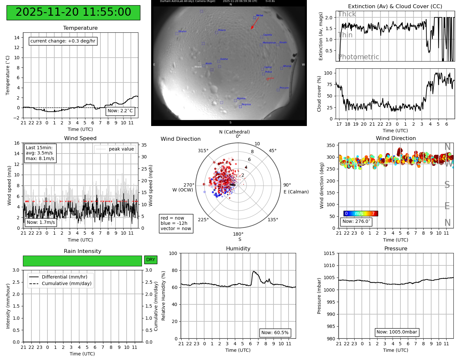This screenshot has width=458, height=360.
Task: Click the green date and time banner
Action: click(x=73, y=12)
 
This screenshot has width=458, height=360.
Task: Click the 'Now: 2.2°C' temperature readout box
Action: click(x=120, y=111)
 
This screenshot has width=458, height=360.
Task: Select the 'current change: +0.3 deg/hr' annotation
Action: click(x=63, y=41)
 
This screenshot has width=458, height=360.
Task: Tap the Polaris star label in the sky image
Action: click(x=222, y=30)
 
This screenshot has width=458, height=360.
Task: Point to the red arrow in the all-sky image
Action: click(x=255, y=23)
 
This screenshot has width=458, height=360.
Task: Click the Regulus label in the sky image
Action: click(x=246, y=104)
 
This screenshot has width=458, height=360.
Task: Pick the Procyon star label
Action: click(x=284, y=88)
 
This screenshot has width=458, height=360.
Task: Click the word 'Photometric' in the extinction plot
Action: click(x=359, y=57)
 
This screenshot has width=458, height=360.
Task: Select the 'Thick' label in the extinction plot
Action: click(x=347, y=14)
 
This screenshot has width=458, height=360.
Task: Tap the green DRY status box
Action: click(x=150, y=260)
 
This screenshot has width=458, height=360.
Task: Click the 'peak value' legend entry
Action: click(x=121, y=149)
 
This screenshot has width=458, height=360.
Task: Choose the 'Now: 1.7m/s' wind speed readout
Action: click(x=41, y=222)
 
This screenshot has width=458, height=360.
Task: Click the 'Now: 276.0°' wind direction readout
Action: click(x=356, y=221)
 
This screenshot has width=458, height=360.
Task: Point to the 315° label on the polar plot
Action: click(x=203, y=151)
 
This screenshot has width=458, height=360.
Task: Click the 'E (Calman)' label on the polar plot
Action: click(x=296, y=192)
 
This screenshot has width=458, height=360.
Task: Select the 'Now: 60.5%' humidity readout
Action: click(x=275, y=333)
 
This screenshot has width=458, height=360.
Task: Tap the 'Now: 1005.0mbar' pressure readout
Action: click(x=396, y=332)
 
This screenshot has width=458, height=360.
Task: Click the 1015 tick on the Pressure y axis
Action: click(x=329, y=253)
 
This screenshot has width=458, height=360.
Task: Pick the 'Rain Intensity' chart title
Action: click(x=82, y=251)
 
